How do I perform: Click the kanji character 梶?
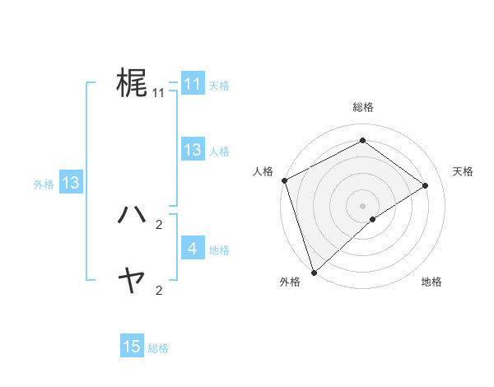tap(132, 83)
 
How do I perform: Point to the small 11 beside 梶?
tap(159, 93)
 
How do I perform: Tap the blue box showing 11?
tap(192, 84)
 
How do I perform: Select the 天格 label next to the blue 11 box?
tap(219, 86)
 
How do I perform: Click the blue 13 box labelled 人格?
tap(192, 150)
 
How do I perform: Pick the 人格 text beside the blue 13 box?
tap(219, 152)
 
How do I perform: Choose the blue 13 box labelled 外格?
tap(71, 183)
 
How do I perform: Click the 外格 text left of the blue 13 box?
tap(44, 184)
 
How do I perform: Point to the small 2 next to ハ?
tap(159, 224)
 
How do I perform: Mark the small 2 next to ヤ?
tap(159, 290)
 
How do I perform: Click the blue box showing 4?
tap(192, 248)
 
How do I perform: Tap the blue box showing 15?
tap(132, 347)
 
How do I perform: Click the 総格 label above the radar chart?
tap(362, 107)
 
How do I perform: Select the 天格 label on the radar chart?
tap(464, 171)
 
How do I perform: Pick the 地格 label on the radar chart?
tap(431, 282)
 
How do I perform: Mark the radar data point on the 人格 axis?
tap(284, 180)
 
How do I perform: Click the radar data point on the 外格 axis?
tap(314, 272)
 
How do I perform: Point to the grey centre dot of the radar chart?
tap(362, 205)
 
